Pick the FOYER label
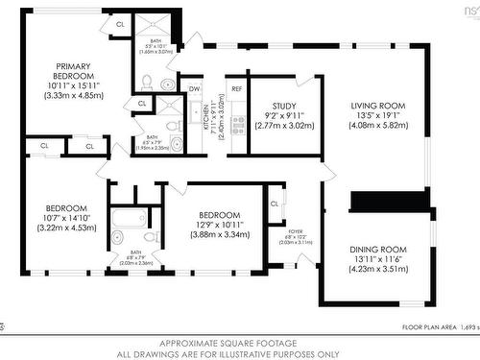tap(295, 232)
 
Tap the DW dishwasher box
tap(195, 87)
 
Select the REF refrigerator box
tap(236, 87)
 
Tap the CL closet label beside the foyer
tap(275, 204)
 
